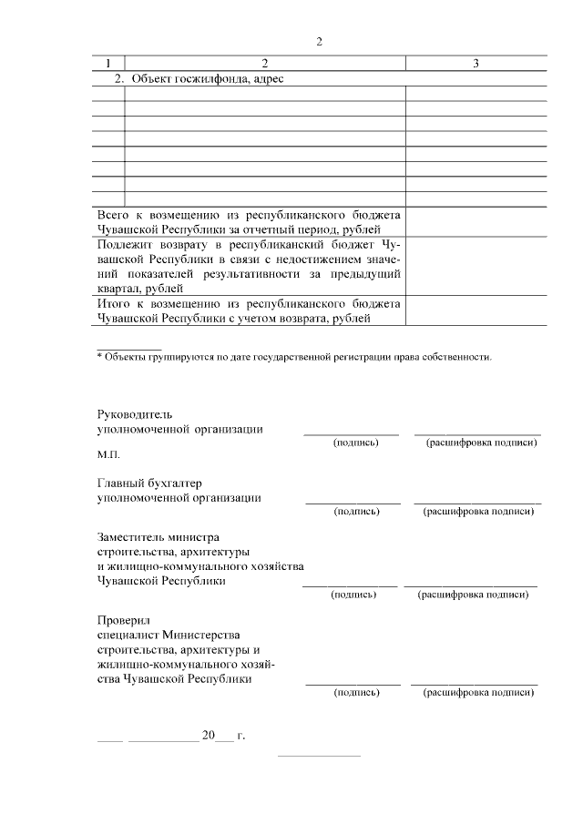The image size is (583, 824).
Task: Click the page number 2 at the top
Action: pos(319,41)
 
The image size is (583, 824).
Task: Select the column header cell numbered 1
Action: pos(109,63)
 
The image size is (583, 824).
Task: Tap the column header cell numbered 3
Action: pos(476,63)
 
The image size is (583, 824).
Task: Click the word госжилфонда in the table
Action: pos(207,78)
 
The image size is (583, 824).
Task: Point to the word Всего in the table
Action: pos(114,214)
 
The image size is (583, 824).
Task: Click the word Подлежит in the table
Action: pos(123,245)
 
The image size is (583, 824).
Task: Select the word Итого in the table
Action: pos(114,303)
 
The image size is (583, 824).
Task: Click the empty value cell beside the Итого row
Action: pos(476,310)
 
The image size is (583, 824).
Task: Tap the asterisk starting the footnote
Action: pos(99,357)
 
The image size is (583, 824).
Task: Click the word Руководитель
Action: pos(133,414)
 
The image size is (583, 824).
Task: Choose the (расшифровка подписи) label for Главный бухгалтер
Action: pos(477,512)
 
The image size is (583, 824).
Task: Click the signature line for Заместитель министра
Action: pos(350,585)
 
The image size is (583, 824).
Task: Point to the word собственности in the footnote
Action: pos(458,357)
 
